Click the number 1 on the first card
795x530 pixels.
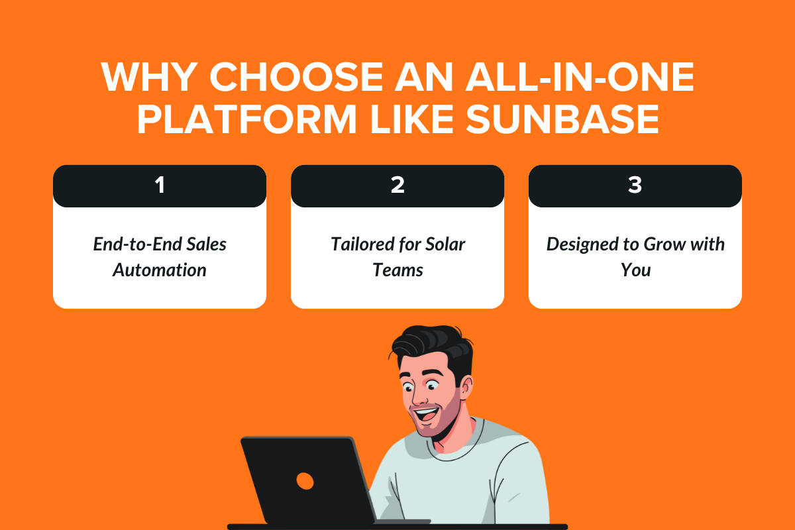[159, 185]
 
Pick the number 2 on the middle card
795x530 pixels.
[397, 185]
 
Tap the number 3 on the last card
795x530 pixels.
[635, 185]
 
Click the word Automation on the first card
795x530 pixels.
[159, 270]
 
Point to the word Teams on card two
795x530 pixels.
[397, 270]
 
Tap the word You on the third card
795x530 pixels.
[635, 270]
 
